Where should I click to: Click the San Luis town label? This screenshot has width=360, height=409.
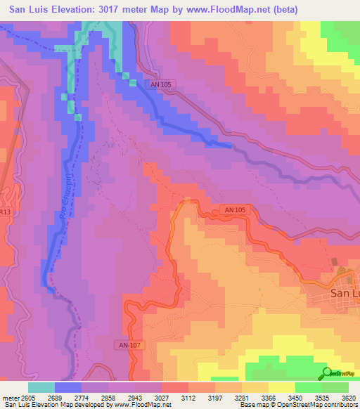pyautogui.click(x=345, y=295)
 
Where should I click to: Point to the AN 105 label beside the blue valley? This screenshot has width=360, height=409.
pyautogui.click(x=161, y=84)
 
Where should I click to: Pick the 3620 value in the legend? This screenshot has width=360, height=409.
pyautogui.click(x=349, y=397)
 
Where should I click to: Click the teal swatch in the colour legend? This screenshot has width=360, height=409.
pyautogui.click(x=41, y=387)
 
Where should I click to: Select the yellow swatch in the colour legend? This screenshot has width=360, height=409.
pyautogui.click(x=282, y=387)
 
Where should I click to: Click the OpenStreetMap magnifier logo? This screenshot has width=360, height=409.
pyautogui.click(x=326, y=373)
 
